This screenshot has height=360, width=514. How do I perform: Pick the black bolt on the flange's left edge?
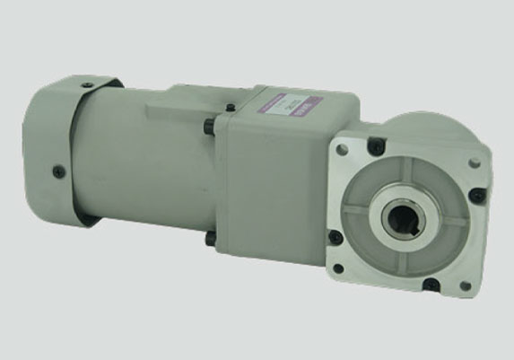pos(335,236)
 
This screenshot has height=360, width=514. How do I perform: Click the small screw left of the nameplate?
pos(231,108)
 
